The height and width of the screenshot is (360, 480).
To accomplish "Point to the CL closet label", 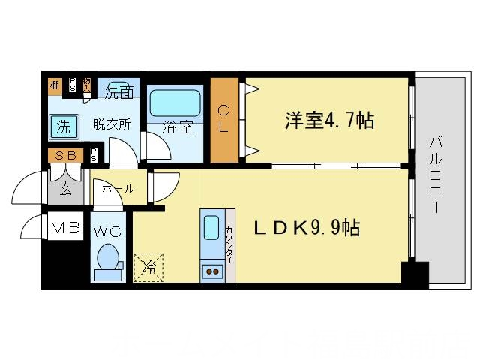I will [224, 119].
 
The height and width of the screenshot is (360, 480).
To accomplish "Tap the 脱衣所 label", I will [112, 124].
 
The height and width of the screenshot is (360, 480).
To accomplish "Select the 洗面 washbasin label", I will [118, 94].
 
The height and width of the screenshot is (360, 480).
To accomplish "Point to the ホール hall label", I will [118, 189].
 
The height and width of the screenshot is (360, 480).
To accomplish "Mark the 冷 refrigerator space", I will [148, 267].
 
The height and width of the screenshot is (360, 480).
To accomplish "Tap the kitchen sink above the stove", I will [211, 229].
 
